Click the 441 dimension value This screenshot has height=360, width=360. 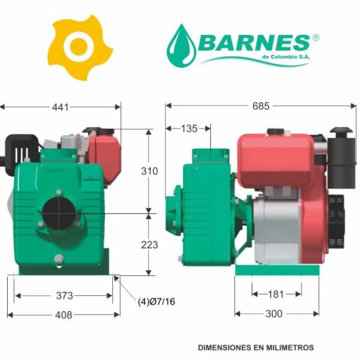(x=61, y=107)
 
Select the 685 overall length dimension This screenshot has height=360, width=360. (x=261, y=106)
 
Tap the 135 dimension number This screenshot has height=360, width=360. (x=189, y=128)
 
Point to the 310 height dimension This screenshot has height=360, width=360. (x=149, y=171)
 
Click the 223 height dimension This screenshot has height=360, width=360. (x=149, y=245)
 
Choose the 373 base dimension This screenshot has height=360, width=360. (x=65, y=295)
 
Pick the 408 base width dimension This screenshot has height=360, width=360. (x=64, y=315)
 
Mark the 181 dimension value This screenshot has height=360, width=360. (x=276, y=295)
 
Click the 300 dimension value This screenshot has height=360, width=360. (x=274, y=314)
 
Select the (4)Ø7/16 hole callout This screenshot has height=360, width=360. (x=157, y=301)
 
